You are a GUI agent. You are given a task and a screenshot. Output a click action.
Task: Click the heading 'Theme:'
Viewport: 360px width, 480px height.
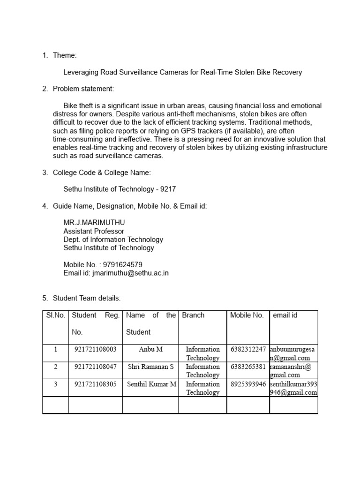click(65, 55)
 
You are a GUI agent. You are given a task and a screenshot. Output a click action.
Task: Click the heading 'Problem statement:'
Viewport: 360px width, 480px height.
click(83, 89)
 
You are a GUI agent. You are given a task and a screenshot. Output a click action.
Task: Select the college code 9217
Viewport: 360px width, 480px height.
click(168, 189)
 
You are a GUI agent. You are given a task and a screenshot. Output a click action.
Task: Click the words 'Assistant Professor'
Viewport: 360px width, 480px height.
click(94, 231)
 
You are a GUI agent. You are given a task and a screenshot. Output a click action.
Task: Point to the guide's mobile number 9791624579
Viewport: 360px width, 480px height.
click(119, 264)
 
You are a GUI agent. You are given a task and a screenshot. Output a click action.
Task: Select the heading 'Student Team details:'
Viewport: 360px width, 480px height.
click(87, 298)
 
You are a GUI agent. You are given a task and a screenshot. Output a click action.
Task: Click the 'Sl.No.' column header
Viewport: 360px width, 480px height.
click(55, 315)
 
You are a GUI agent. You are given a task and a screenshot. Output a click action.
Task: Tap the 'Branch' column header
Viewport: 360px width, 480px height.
click(193, 315)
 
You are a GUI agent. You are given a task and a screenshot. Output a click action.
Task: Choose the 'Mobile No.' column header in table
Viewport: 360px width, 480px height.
click(247, 315)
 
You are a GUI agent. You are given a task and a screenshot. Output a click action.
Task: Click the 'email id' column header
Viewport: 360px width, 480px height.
click(285, 315)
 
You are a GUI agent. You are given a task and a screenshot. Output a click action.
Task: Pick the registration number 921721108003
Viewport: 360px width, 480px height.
click(95, 349)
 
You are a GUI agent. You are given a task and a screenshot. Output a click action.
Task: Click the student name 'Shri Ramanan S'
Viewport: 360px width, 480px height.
click(150, 367)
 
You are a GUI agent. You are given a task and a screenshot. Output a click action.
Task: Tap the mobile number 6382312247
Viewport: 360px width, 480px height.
click(248, 349)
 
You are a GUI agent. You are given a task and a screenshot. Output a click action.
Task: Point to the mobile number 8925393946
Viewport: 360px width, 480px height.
click(248, 384)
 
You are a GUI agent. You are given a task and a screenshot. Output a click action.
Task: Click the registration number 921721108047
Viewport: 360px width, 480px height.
click(95, 367)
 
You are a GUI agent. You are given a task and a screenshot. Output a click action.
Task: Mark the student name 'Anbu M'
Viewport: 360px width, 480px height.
click(150, 349)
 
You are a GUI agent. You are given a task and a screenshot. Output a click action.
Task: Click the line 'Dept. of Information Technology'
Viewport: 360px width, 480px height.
click(113, 240)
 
